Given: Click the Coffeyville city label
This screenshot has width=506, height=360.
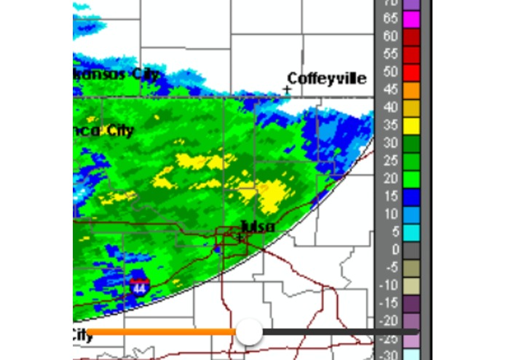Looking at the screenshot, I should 326,78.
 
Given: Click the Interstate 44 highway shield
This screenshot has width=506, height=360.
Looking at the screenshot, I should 141,286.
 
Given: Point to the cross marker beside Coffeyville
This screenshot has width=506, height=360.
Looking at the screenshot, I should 288,90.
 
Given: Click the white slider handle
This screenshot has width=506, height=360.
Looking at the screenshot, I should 250,332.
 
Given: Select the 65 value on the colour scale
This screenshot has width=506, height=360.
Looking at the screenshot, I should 390,18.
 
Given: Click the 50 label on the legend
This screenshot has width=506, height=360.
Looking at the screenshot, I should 390,71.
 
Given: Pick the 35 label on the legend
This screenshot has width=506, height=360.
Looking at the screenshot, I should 390,125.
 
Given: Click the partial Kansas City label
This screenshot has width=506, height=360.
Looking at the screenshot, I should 116,74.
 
